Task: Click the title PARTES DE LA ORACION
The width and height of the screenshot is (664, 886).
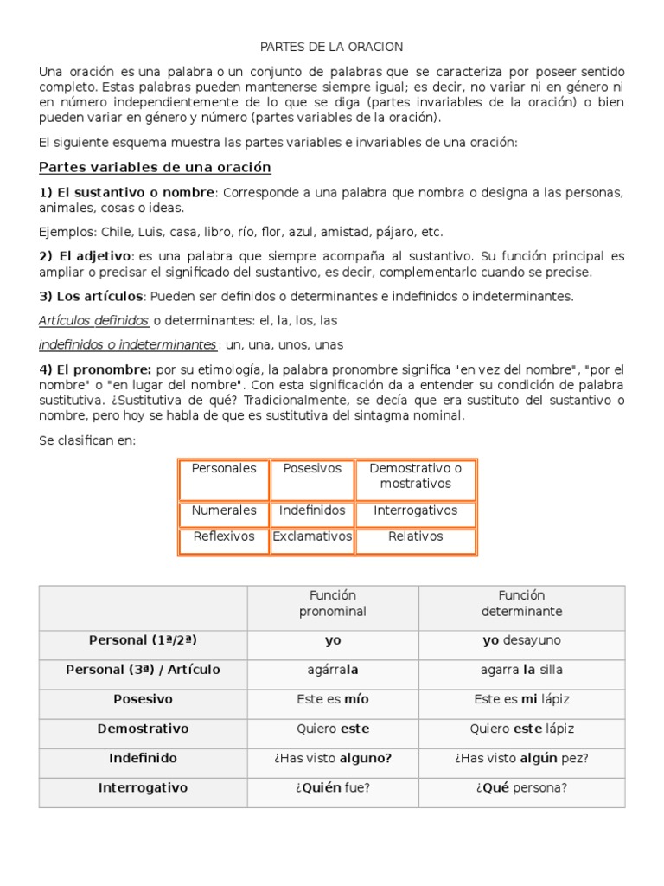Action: click(332, 46)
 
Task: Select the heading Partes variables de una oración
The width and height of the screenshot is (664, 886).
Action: click(156, 167)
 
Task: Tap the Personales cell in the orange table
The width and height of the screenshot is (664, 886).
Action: click(224, 469)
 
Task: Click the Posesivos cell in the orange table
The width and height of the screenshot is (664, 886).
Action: click(312, 469)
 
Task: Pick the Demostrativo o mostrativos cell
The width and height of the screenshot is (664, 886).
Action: click(415, 476)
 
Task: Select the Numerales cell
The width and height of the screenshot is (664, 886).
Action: click(224, 510)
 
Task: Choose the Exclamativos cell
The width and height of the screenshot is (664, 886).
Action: click(312, 536)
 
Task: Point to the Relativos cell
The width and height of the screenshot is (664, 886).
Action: click(415, 536)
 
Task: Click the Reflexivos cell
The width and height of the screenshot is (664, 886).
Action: click(224, 536)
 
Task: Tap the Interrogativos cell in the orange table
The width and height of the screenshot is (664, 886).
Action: click(415, 510)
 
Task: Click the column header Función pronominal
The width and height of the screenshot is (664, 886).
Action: click(333, 603)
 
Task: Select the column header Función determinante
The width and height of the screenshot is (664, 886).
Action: click(521, 603)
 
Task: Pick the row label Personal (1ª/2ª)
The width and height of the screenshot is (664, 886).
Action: click(143, 640)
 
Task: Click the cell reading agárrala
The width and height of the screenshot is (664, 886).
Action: click(333, 670)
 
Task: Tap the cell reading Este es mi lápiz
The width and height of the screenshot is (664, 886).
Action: click(521, 699)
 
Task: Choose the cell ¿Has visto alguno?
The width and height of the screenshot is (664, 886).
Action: click(333, 758)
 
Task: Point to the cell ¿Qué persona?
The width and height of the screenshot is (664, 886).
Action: click(521, 787)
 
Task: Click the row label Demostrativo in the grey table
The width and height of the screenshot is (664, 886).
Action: click(143, 729)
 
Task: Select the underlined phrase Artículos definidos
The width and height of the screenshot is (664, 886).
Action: click(94, 321)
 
